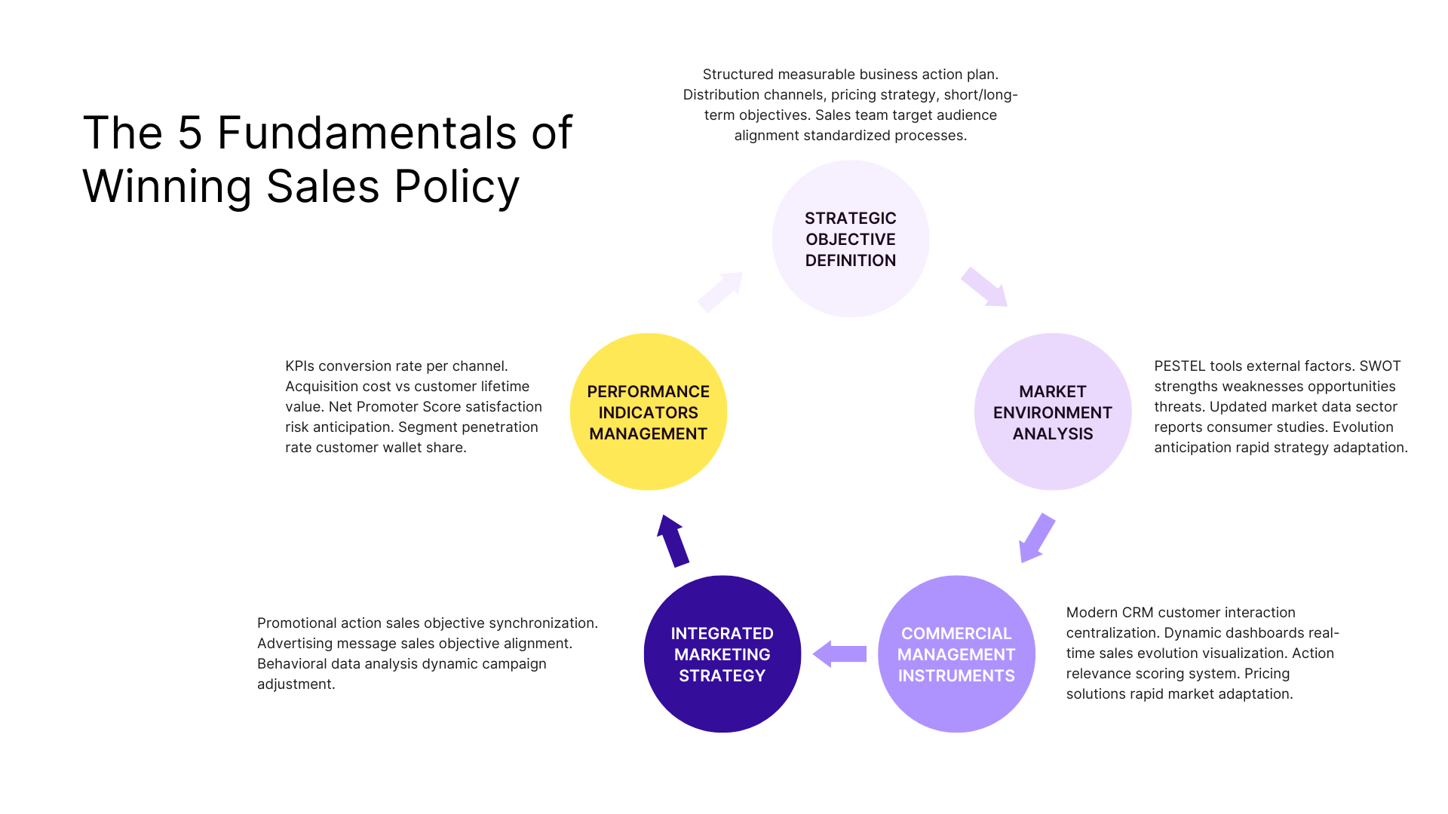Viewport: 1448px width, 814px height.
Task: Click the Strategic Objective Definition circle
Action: [850, 239]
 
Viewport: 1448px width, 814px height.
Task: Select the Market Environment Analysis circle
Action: [1052, 412]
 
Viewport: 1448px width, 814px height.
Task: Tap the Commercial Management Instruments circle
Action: [956, 654]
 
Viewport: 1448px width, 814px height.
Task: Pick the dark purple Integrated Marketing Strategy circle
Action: [722, 654]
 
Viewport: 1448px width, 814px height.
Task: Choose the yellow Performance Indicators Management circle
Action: [648, 412]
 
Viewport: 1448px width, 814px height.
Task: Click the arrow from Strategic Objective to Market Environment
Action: [984, 287]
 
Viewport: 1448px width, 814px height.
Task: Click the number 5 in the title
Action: [190, 133]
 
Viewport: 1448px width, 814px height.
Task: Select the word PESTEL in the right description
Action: [1179, 366]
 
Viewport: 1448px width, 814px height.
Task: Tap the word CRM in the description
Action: [1137, 613]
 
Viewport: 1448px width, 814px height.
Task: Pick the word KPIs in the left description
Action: [299, 366]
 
